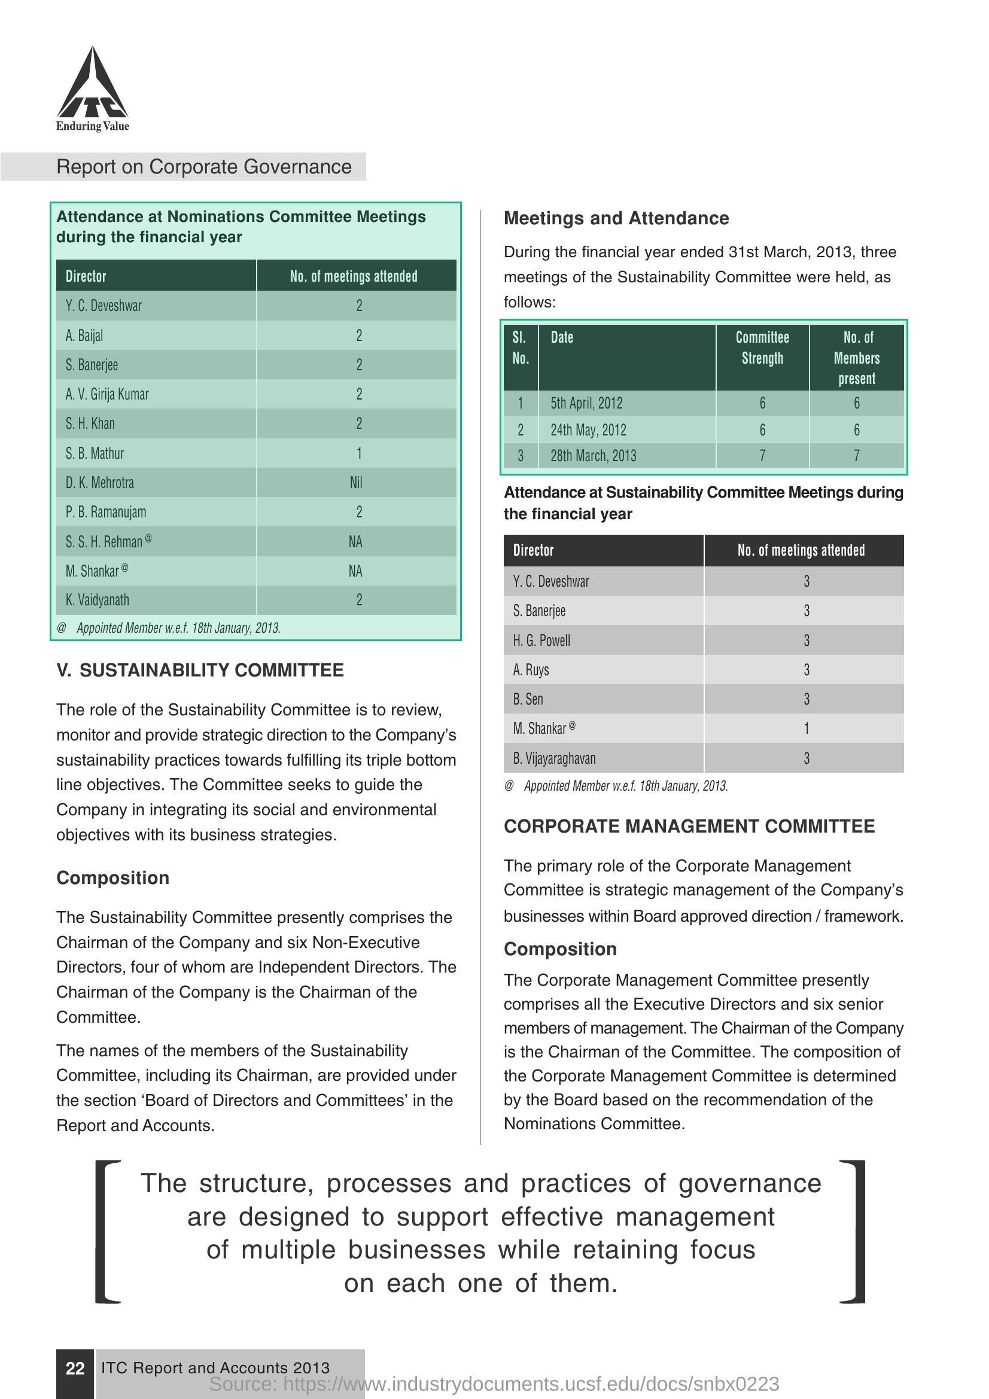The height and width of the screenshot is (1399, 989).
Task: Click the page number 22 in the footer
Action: pyautogui.click(x=75, y=1368)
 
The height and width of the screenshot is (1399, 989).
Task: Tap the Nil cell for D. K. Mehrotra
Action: pyautogui.click(x=356, y=483)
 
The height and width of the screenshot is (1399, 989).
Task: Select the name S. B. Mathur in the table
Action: pyautogui.click(x=95, y=453)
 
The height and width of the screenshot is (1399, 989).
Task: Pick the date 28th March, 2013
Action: pyautogui.click(x=593, y=456)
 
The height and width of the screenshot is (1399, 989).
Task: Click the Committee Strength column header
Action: pyautogui.click(x=762, y=348)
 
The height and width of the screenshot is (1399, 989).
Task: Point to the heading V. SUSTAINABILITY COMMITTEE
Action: pyautogui.click(x=200, y=670)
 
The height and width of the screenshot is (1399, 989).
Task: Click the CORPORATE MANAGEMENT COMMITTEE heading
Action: pyautogui.click(x=689, y=826)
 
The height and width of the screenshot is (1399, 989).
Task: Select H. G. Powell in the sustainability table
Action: pyautogui.click(x=541, y=641)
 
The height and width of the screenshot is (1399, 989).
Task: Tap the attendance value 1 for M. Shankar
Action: pyautogui.click(x=806, y=729)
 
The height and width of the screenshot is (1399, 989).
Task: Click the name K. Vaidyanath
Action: pyautogui.click(x=98, y=600)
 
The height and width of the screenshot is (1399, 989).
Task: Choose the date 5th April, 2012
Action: pyautogui.click(x=586, y=403)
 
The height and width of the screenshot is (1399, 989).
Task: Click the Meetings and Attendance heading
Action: pyautogui.click(x=616, y=218)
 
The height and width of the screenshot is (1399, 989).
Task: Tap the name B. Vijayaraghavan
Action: pyautogui.click(x=554, y=758)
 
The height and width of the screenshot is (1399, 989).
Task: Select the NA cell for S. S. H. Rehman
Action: pyautogui.click(x=355, y=542)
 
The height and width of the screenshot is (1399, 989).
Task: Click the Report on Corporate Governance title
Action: pyautogui.click(x=203, y=167)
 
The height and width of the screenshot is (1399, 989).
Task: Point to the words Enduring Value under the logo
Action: pyautogui.click(x=93, y=126)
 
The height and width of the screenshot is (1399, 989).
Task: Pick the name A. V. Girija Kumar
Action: pyautogui.click(x=107, y=394)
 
